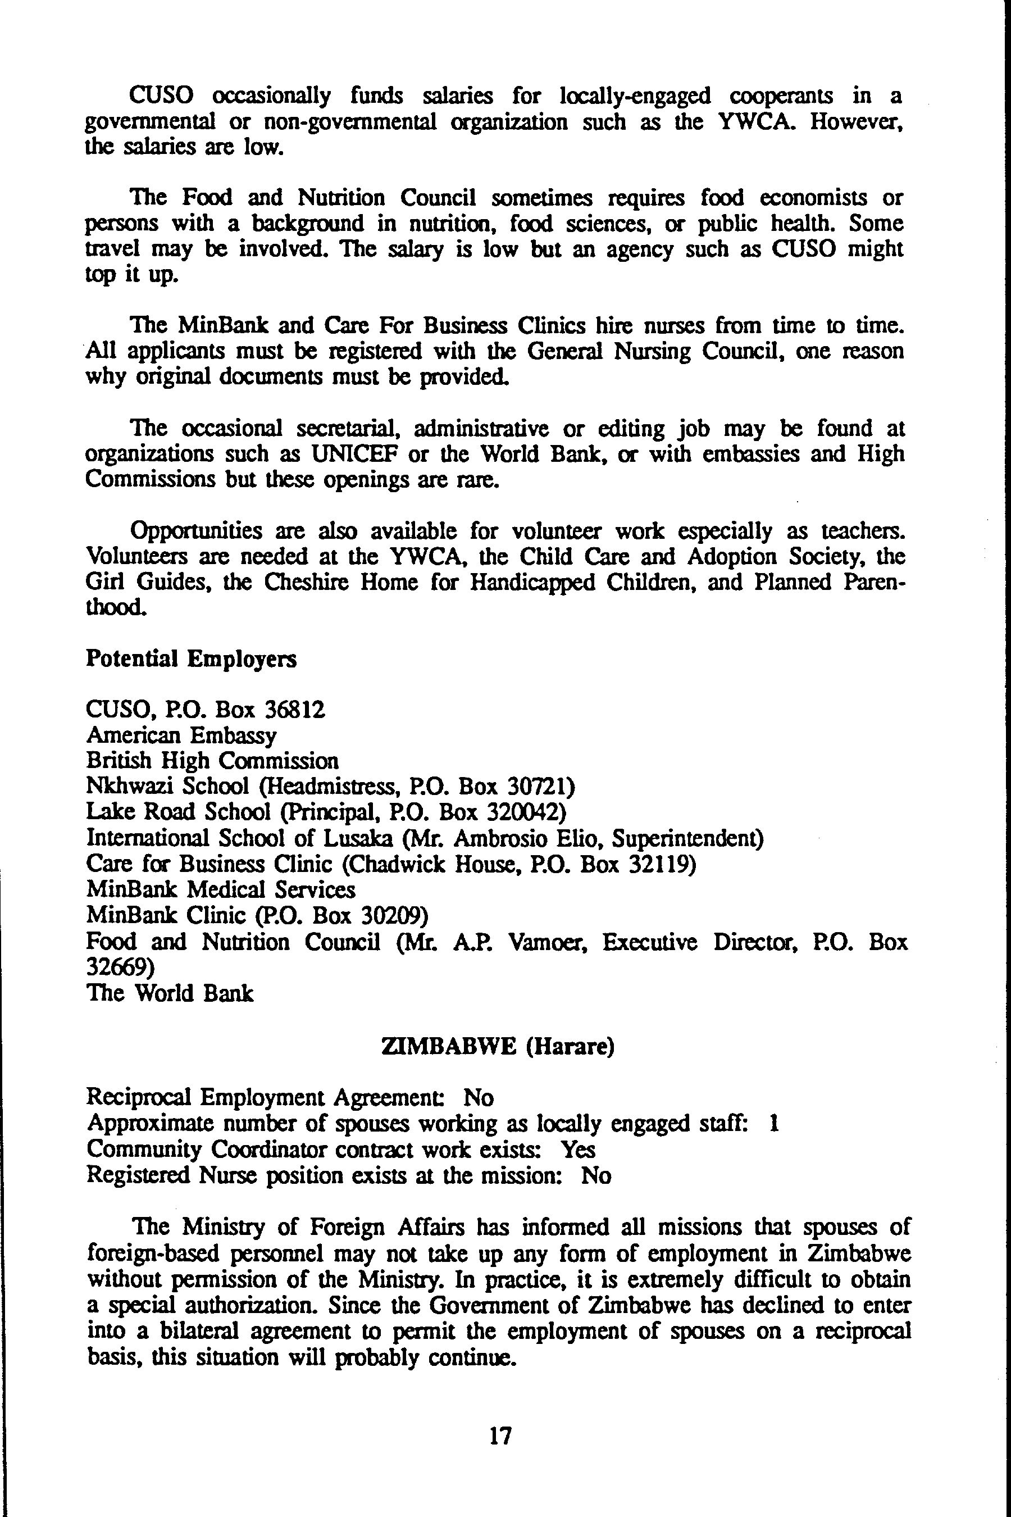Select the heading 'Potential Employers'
click(191, 659)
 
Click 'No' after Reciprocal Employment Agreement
click(478, 1097)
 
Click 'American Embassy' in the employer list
click(181, 736)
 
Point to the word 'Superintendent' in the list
click(687, 838)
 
